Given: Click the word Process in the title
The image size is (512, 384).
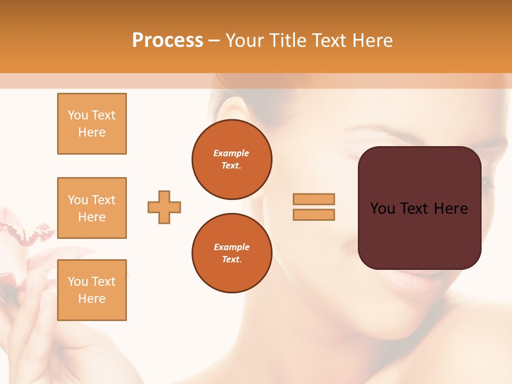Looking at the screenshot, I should (167, 40).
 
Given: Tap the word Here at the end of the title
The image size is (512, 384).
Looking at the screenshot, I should (372, 40).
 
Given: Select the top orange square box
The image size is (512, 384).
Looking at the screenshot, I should (92, 124).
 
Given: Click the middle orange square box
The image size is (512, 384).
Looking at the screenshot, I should (92, 208).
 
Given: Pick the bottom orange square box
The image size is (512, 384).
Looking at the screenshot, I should (92, 290).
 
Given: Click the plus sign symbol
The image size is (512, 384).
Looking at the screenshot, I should (164, 207).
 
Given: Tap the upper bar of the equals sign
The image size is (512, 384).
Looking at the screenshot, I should (314, 199).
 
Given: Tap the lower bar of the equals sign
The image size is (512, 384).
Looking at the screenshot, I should (314, 214).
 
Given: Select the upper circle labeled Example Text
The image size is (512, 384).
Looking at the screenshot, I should (231, 159).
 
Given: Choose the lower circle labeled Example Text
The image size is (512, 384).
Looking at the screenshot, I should (231, 253).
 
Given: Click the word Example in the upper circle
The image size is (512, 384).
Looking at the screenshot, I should (231, 153).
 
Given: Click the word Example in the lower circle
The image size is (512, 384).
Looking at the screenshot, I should (231, 247).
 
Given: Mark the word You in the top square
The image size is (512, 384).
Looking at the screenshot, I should (78, 115).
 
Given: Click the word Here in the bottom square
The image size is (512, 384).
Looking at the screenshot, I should (92, 299).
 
